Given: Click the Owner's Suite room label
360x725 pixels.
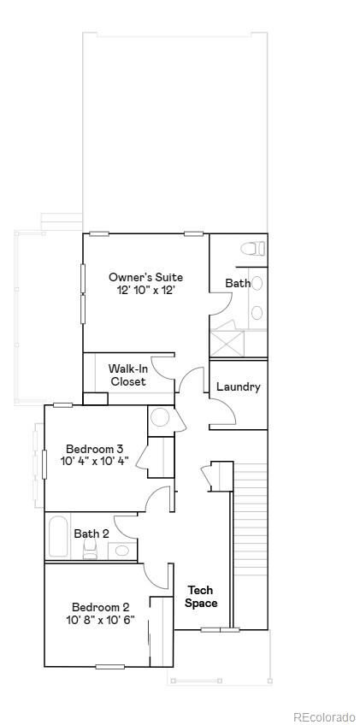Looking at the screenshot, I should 145,277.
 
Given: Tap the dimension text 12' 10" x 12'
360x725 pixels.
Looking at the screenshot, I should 145,291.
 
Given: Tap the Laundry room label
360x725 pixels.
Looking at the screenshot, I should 238,386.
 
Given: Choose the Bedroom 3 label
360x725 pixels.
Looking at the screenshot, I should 95,449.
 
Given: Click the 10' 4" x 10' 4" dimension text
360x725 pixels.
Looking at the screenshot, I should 95,462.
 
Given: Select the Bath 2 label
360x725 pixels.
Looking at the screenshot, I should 91,534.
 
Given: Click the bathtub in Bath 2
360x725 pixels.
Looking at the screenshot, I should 59,536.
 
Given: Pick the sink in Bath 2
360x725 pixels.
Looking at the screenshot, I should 122,550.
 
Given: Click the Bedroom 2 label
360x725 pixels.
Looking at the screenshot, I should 101,608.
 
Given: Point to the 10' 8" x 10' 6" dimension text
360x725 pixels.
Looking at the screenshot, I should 101,621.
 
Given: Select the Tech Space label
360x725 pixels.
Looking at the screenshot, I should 201,597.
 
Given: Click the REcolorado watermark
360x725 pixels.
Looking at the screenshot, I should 323,716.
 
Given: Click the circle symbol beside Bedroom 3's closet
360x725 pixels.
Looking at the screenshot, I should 160,418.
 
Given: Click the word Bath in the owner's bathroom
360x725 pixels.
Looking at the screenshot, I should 238,283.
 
